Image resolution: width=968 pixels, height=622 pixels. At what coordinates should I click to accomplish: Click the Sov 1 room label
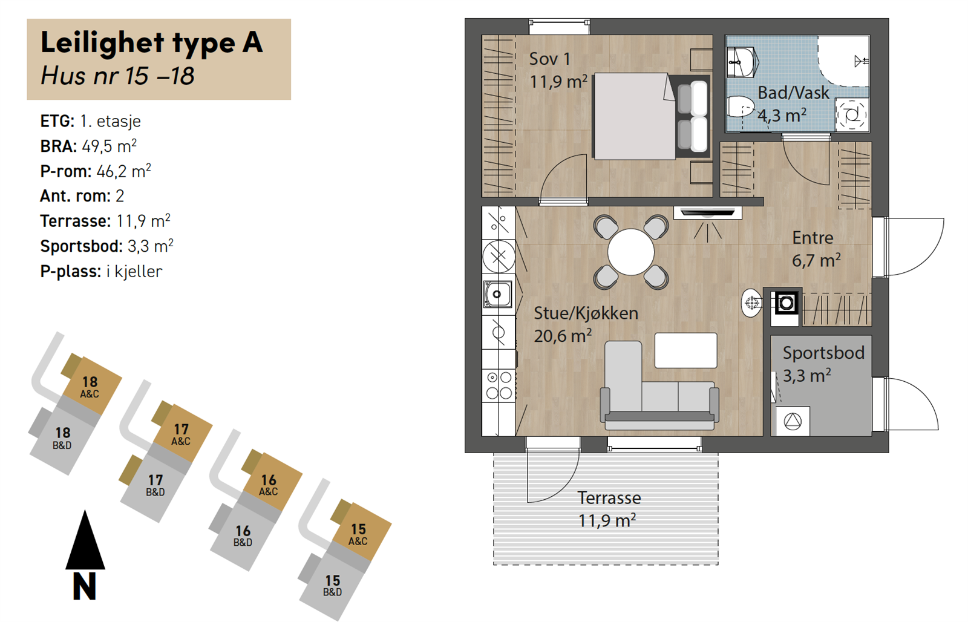tap(550, 59)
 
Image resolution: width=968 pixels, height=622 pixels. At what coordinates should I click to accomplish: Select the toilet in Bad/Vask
tap(741, 106)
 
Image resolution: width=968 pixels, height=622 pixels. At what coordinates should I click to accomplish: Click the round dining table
tap(631, 252)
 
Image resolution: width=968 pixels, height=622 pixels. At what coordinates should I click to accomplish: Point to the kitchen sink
tap(498, 294)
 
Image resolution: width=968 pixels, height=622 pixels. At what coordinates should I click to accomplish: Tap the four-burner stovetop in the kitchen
tap(499, 385)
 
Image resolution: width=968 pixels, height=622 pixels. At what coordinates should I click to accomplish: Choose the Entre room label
tap(813, 238)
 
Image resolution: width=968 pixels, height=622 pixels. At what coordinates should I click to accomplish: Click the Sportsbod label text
tap(823, 353)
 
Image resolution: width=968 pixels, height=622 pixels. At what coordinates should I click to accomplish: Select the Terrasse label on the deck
tap(609, 498)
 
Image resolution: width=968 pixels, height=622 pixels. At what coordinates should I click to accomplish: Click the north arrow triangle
tap(85, 540)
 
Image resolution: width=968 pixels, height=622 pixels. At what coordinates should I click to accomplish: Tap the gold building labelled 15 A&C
tap(361, 531)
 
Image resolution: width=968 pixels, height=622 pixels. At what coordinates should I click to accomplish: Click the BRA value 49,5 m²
tap(110, 146)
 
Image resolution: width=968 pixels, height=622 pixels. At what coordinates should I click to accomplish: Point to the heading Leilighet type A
tap(152, 43)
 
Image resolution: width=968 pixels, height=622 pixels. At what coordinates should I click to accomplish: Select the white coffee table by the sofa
tap(686, 350)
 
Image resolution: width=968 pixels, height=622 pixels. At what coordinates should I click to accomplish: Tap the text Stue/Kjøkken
tap(586, 313)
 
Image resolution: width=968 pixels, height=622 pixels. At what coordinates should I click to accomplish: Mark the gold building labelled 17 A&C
tap(182, 432)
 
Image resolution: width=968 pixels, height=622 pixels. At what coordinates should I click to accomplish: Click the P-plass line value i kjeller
tap(134, 272)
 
